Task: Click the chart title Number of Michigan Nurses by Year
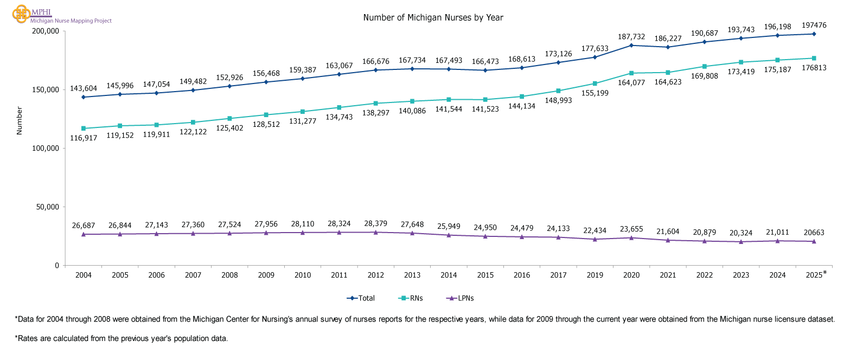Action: (x=433, y=18)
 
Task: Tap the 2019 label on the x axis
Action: (x=595, y=275)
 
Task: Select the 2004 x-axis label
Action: (x=84, y=275)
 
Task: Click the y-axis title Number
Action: (x=19, y=120)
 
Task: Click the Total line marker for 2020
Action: (x=631, y=45)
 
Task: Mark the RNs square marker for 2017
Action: (x=558, y=91)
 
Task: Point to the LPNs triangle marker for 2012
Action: (x=375, y=232)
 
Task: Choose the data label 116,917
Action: (x=84, y=139)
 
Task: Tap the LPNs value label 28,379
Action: (x=375, y=223)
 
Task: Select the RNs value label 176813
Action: (x=814, y=68)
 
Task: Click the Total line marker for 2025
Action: (x=814, y=34)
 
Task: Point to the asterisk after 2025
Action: (x=825, y=273)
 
